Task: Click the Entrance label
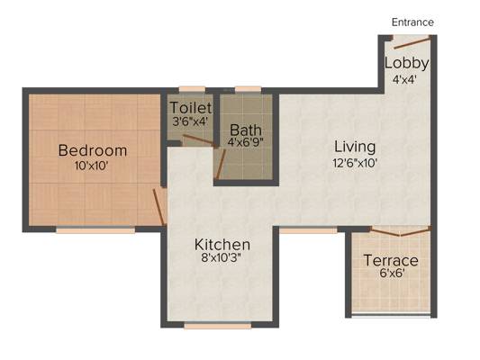412,22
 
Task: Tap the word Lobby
406,64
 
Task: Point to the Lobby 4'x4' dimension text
404,80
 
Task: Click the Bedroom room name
93,150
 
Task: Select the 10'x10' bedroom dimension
92,166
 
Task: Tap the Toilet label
191,108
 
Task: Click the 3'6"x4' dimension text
190,121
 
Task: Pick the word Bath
246,130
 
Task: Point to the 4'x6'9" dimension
246,142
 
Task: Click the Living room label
355,147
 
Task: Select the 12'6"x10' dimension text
355,163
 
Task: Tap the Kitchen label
222,245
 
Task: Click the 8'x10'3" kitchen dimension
222,257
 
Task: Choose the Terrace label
391,261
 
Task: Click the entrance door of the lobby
412,42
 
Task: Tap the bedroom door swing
158,207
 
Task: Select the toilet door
200,140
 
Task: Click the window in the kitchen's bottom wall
218,326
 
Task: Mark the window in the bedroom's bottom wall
95,230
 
